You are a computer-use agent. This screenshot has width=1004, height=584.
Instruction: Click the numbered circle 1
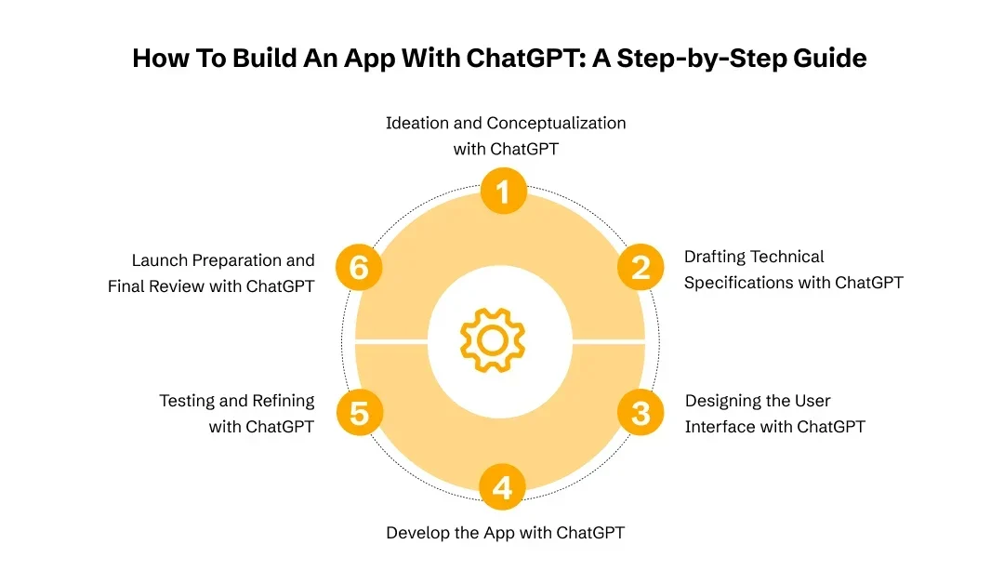coord(503,193)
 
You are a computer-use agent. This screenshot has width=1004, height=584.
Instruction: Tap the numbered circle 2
coord(641,268)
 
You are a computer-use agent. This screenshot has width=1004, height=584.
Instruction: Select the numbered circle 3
coord(641,413)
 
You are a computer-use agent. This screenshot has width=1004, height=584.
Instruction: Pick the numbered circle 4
coord(503,487)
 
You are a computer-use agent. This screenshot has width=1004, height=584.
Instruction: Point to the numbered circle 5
coord(359,413)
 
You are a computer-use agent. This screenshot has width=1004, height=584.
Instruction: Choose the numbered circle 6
coord(359,268)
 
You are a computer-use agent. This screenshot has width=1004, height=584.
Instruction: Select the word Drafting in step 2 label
coord(714,257)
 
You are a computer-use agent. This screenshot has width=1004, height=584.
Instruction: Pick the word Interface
coord(720,427)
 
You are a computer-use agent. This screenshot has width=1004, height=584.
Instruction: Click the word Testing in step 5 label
coord(189,401)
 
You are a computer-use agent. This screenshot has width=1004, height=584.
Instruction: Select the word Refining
coord(284,401)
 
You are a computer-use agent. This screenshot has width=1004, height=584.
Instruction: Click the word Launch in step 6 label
coord(160,260)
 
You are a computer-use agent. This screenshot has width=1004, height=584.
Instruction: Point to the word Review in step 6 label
coord(178,286)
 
